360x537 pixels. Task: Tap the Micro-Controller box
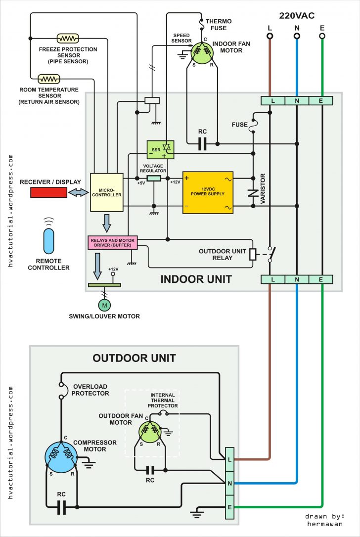point(106,192)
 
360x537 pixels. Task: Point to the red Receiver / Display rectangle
point(49,192)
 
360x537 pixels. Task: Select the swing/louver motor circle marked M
point(104,305)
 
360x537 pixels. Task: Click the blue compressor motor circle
point(61,455)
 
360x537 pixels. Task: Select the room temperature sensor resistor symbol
point(49,79)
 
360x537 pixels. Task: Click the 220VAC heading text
point(297,16)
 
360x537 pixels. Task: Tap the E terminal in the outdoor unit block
point(230,507)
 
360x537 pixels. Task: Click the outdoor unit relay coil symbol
point(253,254)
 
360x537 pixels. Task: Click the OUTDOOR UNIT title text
point(134,358)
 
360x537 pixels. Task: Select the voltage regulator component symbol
point(154,178)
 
